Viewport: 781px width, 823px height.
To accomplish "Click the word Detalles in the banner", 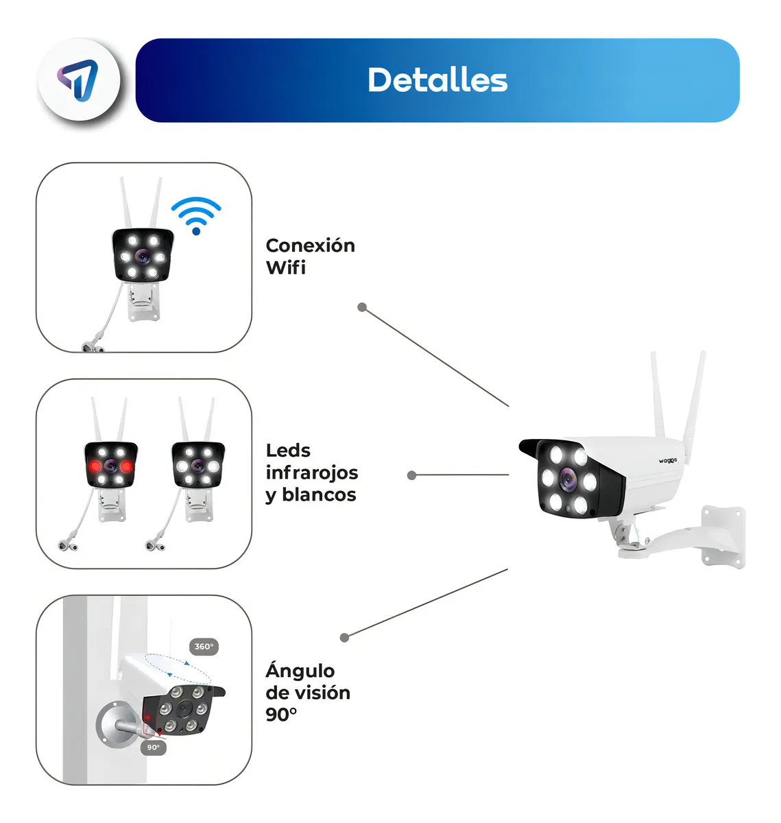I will click(x=437, y=80).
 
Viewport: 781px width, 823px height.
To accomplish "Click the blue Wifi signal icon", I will click(x=196, y=215).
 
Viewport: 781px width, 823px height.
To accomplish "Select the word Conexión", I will click(x=310, y=246).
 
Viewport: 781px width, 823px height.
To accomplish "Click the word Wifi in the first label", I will click(x=285, y=267).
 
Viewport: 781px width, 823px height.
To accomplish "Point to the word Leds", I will click(x=288, y=451).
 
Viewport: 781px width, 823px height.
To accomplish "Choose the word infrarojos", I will click(x=311, y=473).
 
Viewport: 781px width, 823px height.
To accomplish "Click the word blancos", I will click(x=319, y=494).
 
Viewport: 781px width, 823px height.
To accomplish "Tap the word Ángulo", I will click(x=300, y=670).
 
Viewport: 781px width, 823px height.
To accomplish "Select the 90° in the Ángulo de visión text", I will click(x=281, y=715).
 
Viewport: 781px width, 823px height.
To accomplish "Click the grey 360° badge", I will click(x=204, y=647).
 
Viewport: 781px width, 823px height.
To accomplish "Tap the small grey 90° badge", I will click(x=154, y=748).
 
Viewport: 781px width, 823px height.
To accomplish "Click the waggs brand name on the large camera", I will click(x=667, y=461).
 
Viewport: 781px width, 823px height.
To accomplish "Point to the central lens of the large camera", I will click(x=567, y=479).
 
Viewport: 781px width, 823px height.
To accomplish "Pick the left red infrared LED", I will click(x=95, y=466).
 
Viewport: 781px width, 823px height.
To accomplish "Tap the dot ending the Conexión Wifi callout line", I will click(x=362, y=307).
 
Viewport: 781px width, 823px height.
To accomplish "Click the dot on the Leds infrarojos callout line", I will click(x=411, y=475).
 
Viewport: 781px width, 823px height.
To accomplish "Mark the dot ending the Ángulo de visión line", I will click(x=345, y=638).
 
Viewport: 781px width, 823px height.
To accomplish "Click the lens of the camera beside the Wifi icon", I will click(x=143, y=257).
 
